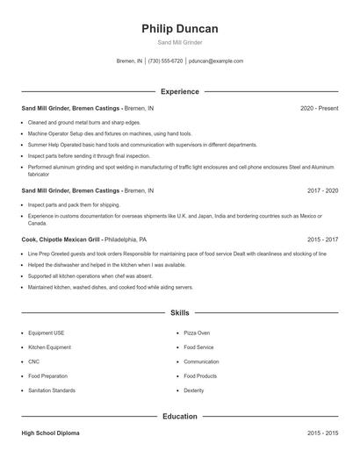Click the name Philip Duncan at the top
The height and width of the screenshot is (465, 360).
pos(179,29)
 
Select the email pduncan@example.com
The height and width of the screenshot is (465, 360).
pos(216,61)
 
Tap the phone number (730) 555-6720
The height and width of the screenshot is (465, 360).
pos(165,61)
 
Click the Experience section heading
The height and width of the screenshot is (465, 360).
pos(179,91)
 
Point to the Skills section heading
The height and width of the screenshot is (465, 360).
pos(179,312)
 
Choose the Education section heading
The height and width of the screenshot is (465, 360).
pos(179,416)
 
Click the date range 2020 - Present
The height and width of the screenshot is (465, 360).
pos(319,108)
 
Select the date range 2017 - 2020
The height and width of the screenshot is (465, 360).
pos(323,190)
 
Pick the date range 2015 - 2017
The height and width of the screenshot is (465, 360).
pos(323,239)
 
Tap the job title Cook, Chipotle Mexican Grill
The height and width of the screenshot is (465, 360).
pos(61,239)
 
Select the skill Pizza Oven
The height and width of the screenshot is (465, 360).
pos(197,333)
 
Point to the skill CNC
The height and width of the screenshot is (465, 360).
pos(34,361)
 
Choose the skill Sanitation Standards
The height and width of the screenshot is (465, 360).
pos(52,390)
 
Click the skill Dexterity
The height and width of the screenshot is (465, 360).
pos(194,390)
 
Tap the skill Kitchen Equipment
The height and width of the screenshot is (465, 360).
pos(49,347)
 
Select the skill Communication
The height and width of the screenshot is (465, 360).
pos(201,361)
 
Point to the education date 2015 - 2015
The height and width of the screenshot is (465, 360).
pos(323,433)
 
